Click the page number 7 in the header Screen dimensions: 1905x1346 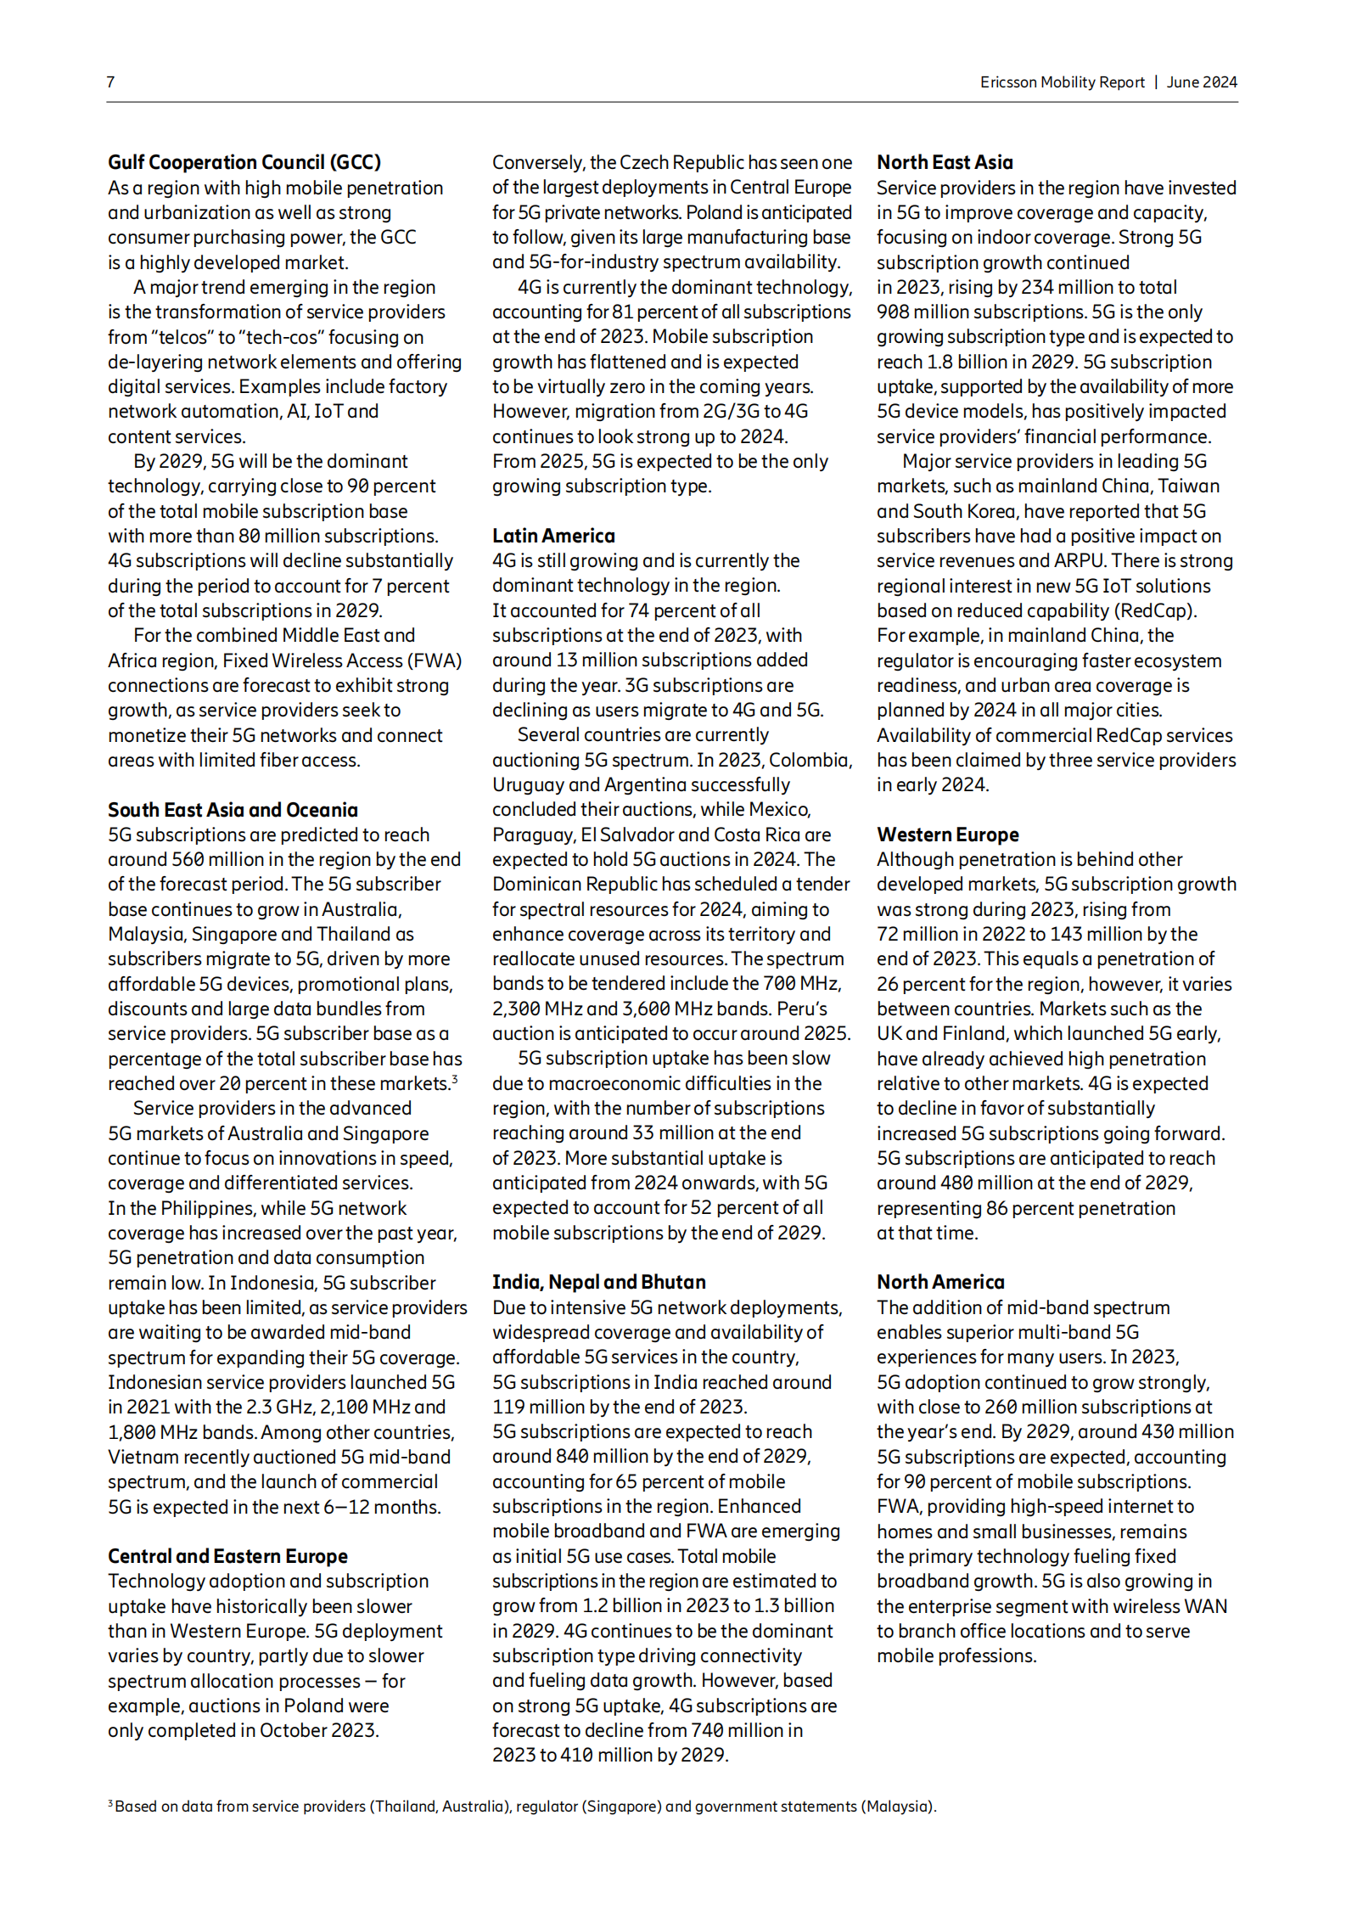pos(110,82)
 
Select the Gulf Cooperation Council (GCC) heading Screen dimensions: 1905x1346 pos(244,162)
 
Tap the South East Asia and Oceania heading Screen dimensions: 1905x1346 pos(233,809)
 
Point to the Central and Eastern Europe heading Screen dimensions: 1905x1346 pos(227,1555)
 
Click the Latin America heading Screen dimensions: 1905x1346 pos(553,536)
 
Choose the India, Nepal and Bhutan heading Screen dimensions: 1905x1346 pos(598,1282)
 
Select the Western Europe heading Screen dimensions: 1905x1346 pos(947,834)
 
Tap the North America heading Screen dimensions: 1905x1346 pos(940,1282)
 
